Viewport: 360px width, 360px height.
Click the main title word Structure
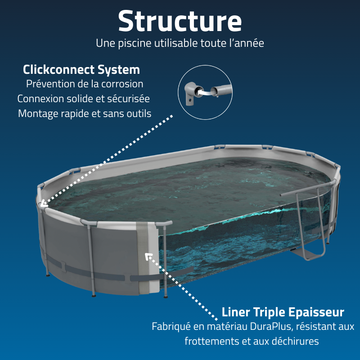180,21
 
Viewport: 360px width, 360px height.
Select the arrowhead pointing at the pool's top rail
43,204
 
